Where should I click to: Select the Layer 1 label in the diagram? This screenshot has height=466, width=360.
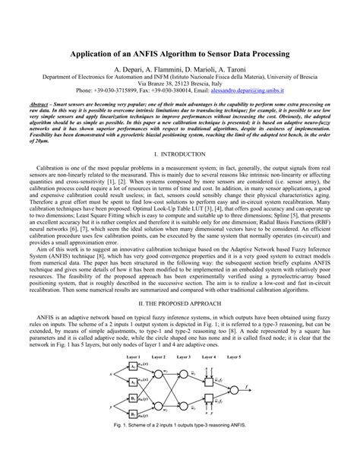coord(134,357)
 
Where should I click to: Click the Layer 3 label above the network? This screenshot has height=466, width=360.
coord(182,357)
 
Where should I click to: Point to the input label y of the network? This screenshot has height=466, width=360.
coord(112,407)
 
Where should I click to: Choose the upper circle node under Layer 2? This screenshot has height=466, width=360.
coord(159,375)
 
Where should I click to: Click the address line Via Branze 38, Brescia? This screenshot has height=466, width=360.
coord(179,83)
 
